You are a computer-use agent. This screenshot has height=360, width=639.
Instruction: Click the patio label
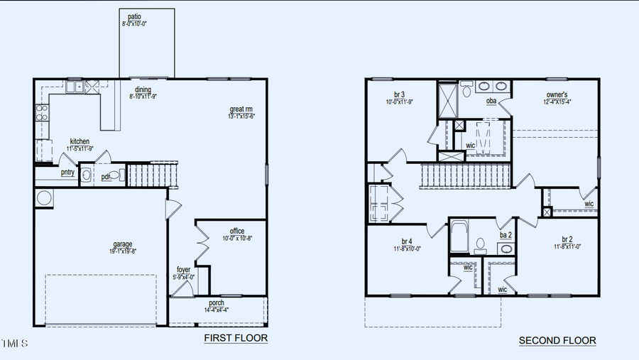click(x=133, y=16)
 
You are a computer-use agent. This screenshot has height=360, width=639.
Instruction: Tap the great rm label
click(x=241, y=109)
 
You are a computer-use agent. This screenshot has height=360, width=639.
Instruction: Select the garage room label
click(x=122, y=244)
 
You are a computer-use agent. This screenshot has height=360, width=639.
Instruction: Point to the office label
click(x=237, y=231)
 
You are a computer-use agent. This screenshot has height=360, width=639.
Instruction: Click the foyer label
click(x=183, y=269)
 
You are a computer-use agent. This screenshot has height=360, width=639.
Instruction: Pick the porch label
click(x=217, y=303)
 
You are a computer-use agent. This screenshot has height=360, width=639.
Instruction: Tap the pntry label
click(x=67, y=172)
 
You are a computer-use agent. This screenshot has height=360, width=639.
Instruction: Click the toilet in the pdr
click(x=114, y=174)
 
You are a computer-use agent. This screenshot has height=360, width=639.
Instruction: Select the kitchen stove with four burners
click(x=41, y=112)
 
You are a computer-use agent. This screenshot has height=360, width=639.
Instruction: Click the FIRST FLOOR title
click(x=236, y=338)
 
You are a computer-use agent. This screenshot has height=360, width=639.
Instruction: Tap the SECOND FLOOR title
click(x=557, y=341)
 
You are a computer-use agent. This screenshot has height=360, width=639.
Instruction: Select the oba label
click(x=491, y=101)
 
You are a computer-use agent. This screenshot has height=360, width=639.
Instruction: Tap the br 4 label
click(x=407, y=241)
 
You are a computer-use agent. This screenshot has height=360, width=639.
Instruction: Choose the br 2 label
click(x=567, y=239)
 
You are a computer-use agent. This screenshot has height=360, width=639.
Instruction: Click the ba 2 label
click(x=506, y=234)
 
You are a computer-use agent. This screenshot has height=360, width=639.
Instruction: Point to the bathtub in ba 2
click(x=459, y=236)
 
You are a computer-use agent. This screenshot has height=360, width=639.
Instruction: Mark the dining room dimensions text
click(x=143, y=97)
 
